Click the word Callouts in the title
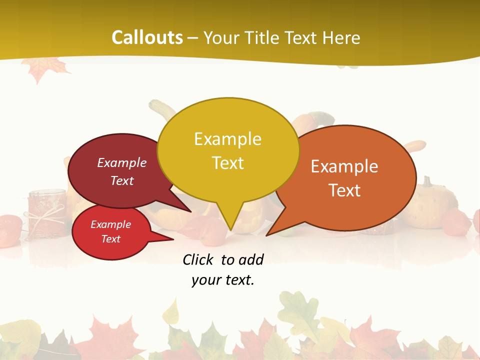pyautogui.click(x=147, y=37)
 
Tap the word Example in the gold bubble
pyautogui.click(x=227, y=139)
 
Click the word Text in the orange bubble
pyautogui.click(x=345, y=190)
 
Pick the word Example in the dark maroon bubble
pyautogui.click(x=122, y=163)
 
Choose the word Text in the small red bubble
pyautogui.click(x=111, y=239)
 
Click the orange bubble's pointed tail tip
pyautogui.click(x=267, y=234)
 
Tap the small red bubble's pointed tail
pyautogui.click(x=170, y=239)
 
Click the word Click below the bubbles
pyautogui.click(x=199, y=259)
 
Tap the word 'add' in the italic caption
pyautogui.click(x=251, y=259)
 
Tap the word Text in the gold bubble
pyautogui.click(x=228, y=163)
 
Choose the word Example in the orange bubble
pyautogui.click(x=344, y=166)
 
